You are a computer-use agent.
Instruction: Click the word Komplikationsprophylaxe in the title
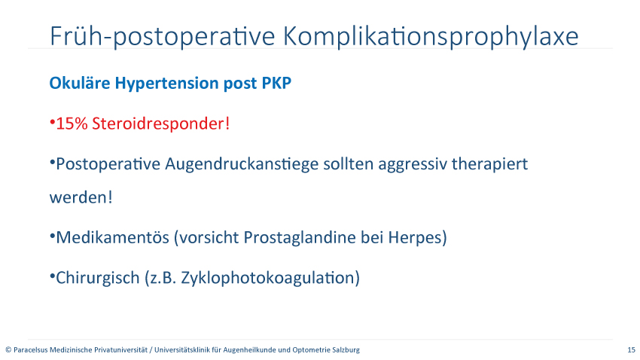click(431, 37)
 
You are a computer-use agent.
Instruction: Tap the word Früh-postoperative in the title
click(163, 37)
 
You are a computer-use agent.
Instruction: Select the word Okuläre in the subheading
click(80, 83)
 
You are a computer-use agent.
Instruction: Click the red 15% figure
click(72, 124)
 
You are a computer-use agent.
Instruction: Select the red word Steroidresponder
click(159, 124)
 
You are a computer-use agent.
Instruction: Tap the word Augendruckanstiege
click(242, 164)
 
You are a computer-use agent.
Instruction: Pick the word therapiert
click(490, 164)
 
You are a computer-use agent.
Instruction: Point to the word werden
click(78, 197)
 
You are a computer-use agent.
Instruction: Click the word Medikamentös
click(112, 237)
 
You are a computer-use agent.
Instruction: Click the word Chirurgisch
click(98, 278)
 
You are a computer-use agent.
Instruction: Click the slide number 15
click(632, 349)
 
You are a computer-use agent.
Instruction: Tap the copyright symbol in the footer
click(8, 349)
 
